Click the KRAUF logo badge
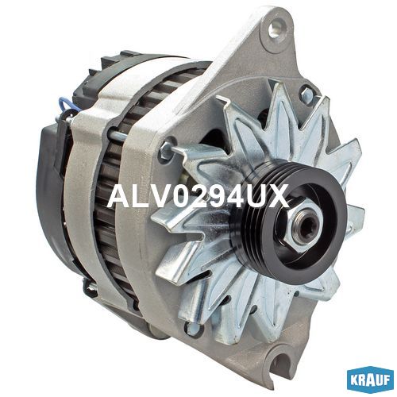(370, 379)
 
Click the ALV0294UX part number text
(198, 197)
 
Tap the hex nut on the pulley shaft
(306, 228)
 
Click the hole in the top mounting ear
(276, 29)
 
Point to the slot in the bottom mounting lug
(281, 360)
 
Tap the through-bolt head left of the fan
(165, 149)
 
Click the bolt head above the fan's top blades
(307, 93)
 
